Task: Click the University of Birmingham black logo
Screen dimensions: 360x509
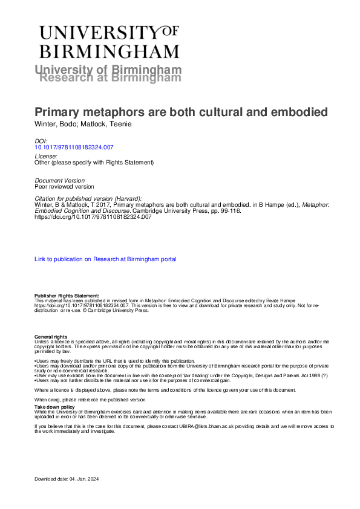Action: coord(108,41)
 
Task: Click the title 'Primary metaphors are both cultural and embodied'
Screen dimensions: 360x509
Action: coord(181,112)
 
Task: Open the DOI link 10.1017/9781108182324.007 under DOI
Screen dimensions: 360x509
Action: coord(74,147)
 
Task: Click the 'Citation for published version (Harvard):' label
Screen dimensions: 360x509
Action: coord(88,199)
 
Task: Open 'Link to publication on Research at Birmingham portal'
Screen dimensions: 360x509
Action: coord(105,259)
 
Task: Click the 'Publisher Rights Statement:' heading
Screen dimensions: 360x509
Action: coord(66,296)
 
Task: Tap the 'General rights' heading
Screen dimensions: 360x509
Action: coord(51,337)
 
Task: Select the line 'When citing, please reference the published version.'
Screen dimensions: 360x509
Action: coord(90,400)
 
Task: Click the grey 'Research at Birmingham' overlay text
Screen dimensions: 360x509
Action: coord(110,78)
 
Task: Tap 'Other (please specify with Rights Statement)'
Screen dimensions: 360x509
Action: coord(94,163)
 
